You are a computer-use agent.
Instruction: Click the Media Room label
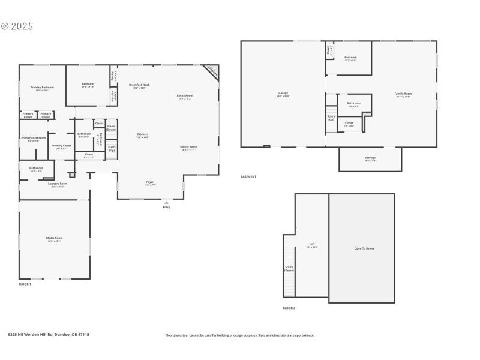tap(54, 238)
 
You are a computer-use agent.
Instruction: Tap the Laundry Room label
tap(58, 184)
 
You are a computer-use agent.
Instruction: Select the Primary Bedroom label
tap(42, 88)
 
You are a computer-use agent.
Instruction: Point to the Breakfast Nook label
tap(139, 85)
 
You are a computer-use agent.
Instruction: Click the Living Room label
tap(184, 95)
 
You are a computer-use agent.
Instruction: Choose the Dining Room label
tap(188, 146)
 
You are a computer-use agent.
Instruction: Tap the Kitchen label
tap(142, 134)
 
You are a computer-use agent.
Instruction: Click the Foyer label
tap(150, 182)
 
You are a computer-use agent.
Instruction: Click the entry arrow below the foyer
tap(166, 203)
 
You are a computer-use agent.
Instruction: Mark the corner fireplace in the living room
tap(212, 71)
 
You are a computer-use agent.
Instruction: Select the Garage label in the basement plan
tap(283, 94)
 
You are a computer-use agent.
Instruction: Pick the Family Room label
tap(403, 94)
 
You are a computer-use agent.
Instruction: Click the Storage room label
tap(370, 158)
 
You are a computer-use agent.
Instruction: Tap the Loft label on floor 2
tap(312, 244)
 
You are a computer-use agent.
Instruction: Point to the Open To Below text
tap(361, 248)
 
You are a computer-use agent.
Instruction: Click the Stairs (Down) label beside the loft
tap(289, 268)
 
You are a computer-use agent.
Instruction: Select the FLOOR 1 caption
tap(25, 284)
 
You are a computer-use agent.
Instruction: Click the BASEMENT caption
tap(248, 176)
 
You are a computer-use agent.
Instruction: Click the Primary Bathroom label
tap(34, 138)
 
